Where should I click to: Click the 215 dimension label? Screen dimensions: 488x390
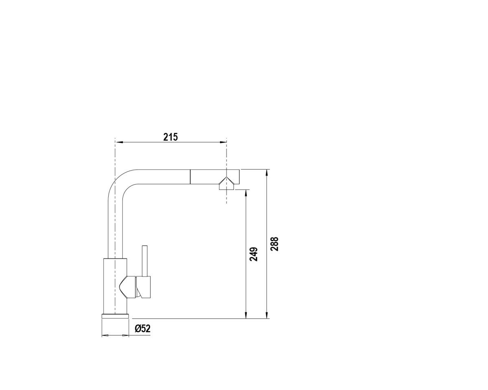pyautogui.click(x=170, y=137)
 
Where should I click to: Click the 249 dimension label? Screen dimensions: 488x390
pyautogui.click(x=253, y=254)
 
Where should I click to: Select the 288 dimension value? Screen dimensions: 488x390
pyautogui.click(x=274, y=244)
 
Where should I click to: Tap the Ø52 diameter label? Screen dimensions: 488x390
pyautogui.click(x=143, y=329)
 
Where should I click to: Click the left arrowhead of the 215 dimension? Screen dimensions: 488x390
pyautogui.click(x=119, y=142)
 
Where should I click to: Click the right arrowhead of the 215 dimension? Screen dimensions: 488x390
pyautogui.click(x=223, y=142)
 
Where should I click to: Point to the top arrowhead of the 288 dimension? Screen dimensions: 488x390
pyautogui.click(x=267, y=173)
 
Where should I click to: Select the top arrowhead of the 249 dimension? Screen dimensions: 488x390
pyautogui.click(x=246, y=194)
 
